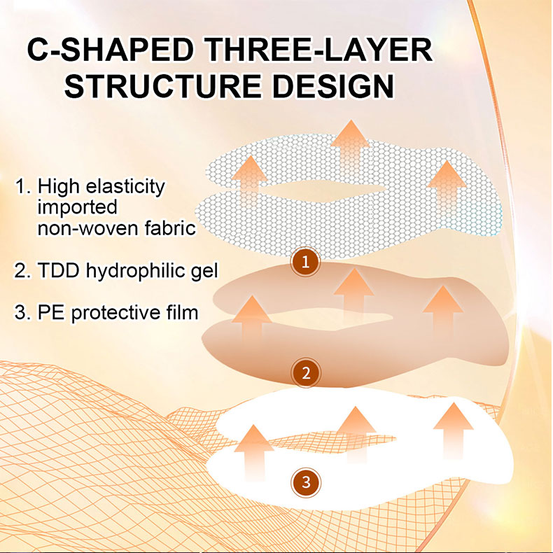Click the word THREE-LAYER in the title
point(318,50)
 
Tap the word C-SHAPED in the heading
point(111,50)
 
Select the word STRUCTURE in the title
point(163,85)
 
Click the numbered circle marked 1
point(305,262)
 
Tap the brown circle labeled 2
point(306,373)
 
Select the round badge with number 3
point(306,482)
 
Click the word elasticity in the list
point(125,187)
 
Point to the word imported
point(77,207)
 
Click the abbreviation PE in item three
point(51,313)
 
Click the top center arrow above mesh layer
point(350,148)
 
